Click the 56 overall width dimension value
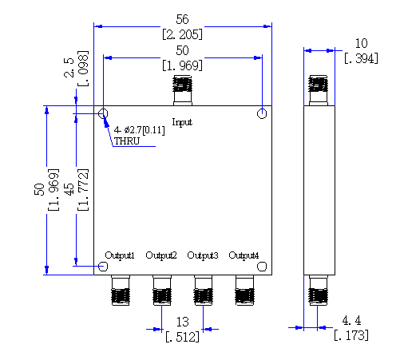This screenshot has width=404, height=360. (182, 19)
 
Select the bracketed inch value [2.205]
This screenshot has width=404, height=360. (182, 34)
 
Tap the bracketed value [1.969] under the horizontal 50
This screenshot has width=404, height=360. (182, 65)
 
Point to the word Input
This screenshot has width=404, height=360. (182, 122)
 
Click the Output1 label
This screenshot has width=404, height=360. (120, 255)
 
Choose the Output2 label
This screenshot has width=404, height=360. (161, 255)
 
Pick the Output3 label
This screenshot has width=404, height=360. (203, 255)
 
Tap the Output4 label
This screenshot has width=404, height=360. (244, 255)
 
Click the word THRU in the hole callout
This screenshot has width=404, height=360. (127, 141)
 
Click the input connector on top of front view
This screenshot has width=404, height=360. (183, 90)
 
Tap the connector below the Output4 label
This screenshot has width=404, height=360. (244, 291)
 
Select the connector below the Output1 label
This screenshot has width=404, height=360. (121, 291)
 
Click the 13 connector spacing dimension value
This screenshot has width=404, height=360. (182, 322)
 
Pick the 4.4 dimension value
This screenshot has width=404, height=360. (351, 320)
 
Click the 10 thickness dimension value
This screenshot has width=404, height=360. (361, 43)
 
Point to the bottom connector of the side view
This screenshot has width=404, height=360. (318, 291)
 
